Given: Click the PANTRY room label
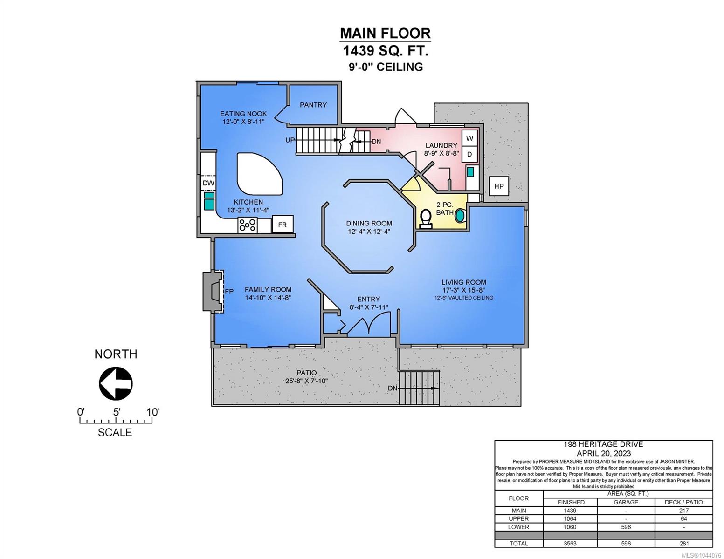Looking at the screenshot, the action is (313, 105).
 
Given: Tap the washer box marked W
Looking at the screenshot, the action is (469, 138).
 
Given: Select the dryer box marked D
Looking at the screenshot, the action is (469, 154).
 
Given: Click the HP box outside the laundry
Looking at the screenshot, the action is (499, 186).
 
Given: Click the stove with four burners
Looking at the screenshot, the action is (247, 225).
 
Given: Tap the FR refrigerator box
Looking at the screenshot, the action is (283, 225).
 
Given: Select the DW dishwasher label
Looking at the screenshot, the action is (208, 183).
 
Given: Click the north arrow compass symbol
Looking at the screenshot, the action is (116, 383).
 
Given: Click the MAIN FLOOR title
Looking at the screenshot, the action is (385, 33).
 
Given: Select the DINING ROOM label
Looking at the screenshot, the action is (369, 223).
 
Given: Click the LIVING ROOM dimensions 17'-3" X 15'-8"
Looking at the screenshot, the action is (463, 290).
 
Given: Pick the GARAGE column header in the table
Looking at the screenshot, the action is (626, 502).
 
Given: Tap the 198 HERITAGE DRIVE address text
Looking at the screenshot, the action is (603, 444).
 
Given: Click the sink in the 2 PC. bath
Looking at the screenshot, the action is (460, 215).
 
